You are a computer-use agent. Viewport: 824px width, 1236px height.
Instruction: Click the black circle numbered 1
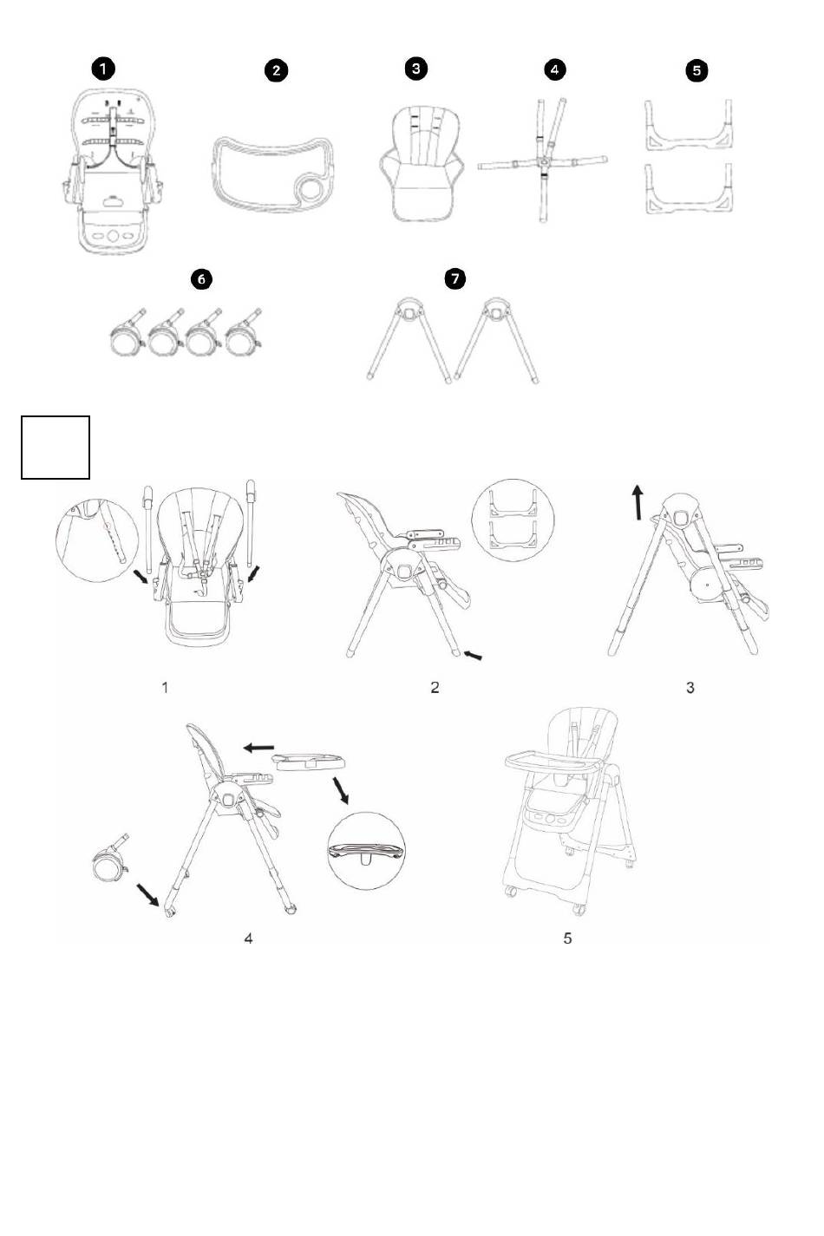[102, 69]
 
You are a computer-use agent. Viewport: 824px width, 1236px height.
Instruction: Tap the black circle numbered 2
[276, 70]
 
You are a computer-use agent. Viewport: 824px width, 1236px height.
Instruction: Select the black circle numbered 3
[415, 69]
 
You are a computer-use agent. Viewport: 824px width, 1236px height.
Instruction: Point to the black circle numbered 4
[554, 69]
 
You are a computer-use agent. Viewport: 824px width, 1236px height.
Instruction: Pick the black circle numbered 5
[696, 70]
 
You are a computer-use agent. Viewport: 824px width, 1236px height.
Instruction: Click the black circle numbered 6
[201, 279]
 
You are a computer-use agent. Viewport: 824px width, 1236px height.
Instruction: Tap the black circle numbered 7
[455, 278]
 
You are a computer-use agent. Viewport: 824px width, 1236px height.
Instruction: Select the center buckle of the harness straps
[545, 160]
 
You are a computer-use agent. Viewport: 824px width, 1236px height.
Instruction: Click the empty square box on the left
[56, 448]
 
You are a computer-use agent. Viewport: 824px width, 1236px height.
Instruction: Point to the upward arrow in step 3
[638, 503]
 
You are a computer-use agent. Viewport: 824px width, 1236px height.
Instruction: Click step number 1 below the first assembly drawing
[165, 688]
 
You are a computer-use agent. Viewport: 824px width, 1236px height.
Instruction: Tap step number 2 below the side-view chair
[435, 688]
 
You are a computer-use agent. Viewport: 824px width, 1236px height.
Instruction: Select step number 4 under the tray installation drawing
[248, 938]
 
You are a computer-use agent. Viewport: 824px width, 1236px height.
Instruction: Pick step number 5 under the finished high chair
[567, 938]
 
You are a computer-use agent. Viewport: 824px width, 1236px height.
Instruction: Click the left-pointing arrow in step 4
[258, 748]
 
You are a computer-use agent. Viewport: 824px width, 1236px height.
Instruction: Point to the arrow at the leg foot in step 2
[473, 655]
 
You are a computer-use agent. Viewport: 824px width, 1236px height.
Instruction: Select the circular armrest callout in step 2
[513, 520]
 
